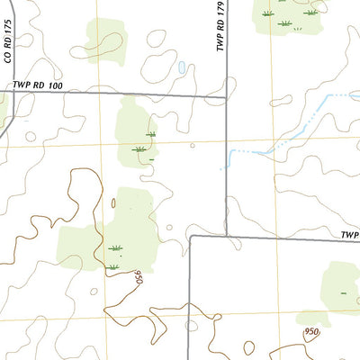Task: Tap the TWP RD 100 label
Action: [x=39, y=85]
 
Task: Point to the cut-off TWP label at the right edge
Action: [x=349, y=234]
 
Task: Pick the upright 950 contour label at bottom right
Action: [x=311, y=332]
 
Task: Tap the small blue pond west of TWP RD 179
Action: [x=183, y=67]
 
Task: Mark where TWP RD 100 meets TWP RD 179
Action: [x=225, y=95]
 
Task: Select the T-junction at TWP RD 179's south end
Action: [x=225, y=237]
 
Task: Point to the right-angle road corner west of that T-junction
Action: [x=191, y=238]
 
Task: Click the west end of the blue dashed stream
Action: [x=222, y=167]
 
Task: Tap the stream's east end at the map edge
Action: [x=358, y=94]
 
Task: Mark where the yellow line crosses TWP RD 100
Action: [x=99, y=93]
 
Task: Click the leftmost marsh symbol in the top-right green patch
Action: [x=267, y=13]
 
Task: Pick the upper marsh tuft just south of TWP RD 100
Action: [x=150, y=134]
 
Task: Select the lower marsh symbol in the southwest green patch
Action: [x=112, y=266]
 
